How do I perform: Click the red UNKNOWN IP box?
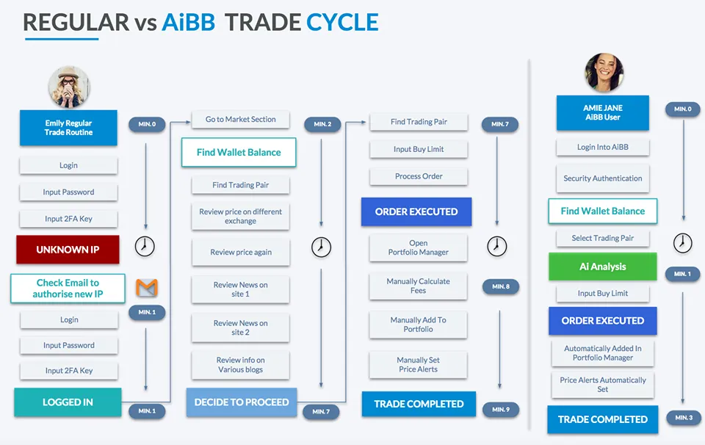tap(68, 250)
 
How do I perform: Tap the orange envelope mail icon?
tap(147, 288)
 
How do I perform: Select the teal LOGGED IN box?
tap(68, 402)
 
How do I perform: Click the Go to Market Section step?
tap(241, 120)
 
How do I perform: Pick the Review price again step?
tap(241, 252)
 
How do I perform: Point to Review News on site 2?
tap(241, 328)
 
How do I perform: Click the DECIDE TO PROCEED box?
tap(242, 402)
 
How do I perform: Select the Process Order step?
tap(419, 176)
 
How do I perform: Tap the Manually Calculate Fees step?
tap(418, 286)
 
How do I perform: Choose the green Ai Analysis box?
tap(602, 267)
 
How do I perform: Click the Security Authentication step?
tap(602, 178)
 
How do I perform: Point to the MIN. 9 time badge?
tap(501, 410)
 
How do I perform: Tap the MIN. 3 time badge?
tap(684, 418)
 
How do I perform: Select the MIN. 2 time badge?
tap(322, 124)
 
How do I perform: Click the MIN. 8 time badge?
tap(501, 286)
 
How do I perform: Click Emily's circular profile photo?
tap(69, 87)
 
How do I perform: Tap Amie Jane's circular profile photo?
tap(604, 73)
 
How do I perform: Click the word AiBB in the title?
tap(189, 23)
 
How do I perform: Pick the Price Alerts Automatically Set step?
tap(602, 384)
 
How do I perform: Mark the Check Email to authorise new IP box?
tap(68, 289)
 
